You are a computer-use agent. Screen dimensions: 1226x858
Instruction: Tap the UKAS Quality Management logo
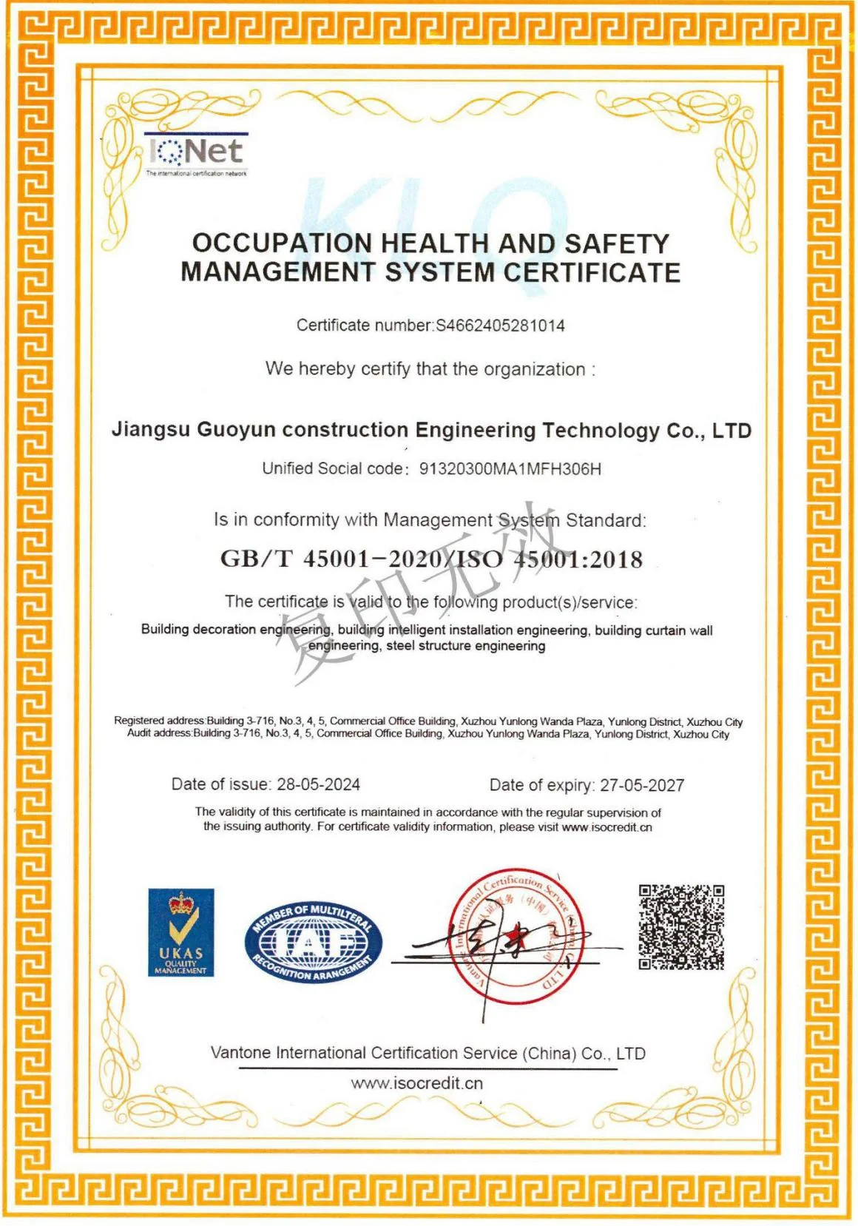pos(180,932)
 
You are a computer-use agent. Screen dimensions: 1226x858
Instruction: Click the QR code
pos(681,926)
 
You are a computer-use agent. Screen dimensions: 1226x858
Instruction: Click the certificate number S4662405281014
pos(500,326)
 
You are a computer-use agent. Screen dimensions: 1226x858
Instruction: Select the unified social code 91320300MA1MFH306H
pos(510,469)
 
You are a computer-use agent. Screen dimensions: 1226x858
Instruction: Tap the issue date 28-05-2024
pos(318,784)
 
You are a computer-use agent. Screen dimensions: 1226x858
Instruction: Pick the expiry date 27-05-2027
pos(642,785)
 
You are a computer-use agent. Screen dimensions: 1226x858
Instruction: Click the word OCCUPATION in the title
pos(282,243)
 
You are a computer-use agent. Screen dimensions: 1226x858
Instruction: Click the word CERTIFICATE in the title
pos(592,272)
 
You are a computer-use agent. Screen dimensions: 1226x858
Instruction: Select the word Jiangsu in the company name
pos(151,430)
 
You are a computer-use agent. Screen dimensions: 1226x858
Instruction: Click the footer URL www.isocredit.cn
pos(416,1083)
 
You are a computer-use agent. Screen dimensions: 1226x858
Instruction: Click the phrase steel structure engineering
pos(465,646)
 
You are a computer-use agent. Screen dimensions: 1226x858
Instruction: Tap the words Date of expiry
pos(541,785)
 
